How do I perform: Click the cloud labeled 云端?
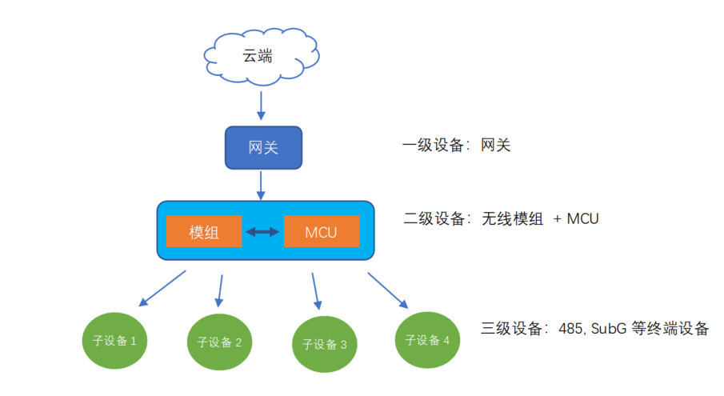tap(262, 57)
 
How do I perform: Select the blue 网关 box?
tap(263, 147)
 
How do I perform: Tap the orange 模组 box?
tap(204, 233)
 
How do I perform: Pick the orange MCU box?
tap(321, 233)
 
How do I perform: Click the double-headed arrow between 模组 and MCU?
tap(262, 233)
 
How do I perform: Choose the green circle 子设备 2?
tap(219, 342)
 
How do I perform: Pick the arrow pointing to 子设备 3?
tap(315, 291)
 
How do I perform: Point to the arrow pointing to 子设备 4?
tap(388, 290)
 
